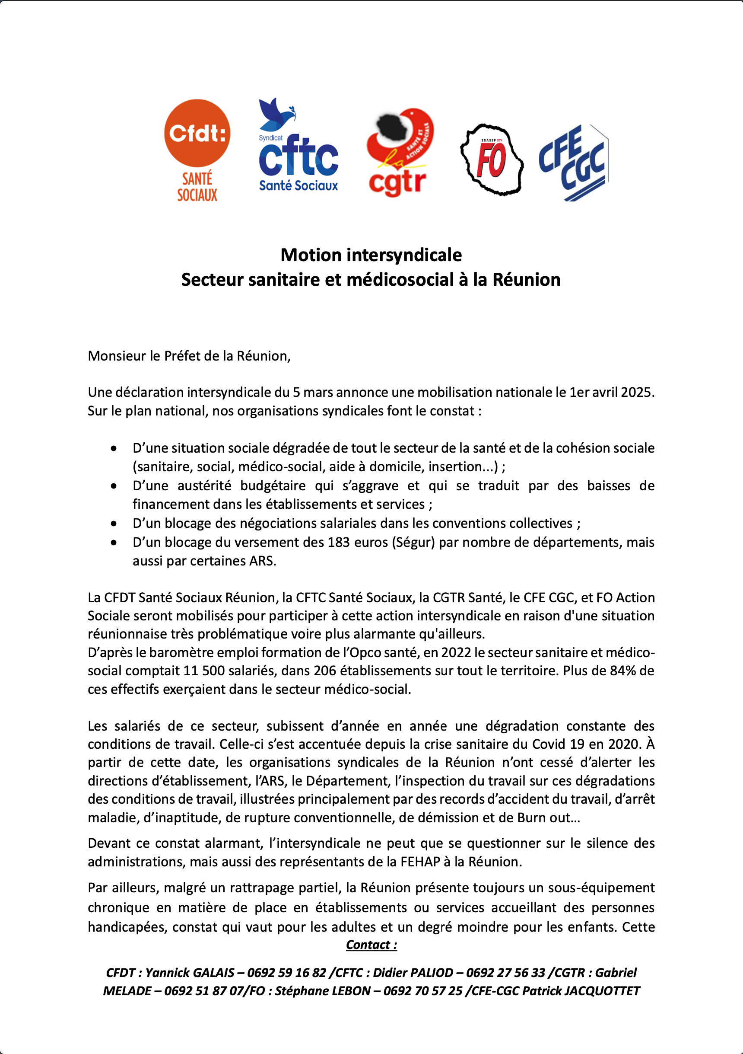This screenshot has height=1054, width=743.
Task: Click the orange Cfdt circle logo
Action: click(x=197, y=133)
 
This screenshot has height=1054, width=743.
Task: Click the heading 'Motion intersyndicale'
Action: click(x=371, y=255)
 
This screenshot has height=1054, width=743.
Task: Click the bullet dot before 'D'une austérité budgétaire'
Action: click(x=113, y=486)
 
